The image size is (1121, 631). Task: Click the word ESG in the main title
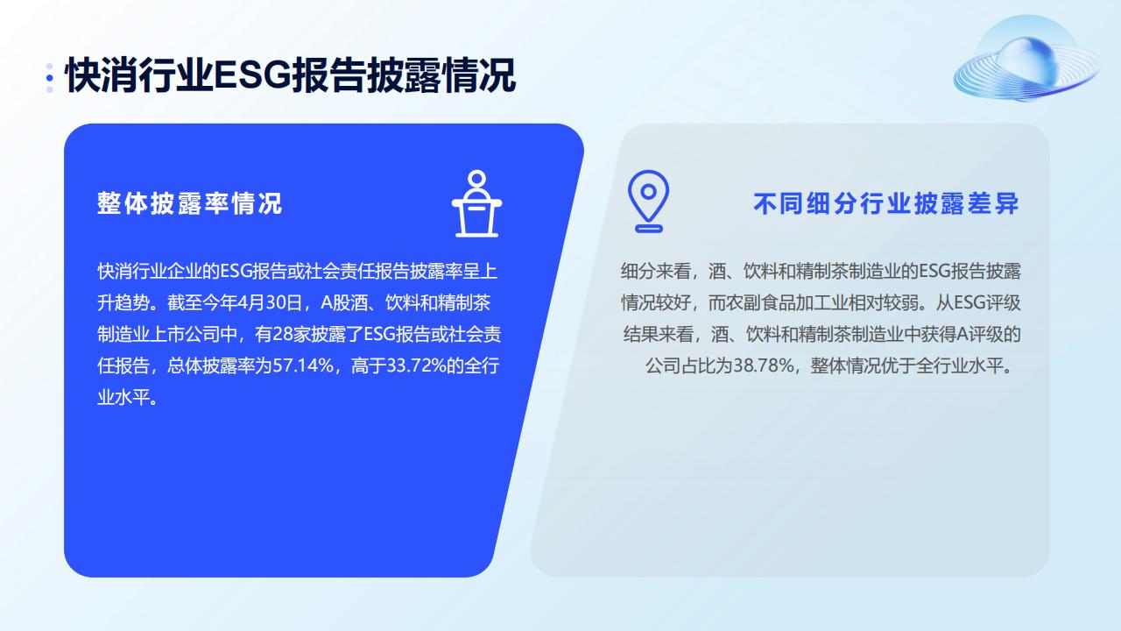(253, 75)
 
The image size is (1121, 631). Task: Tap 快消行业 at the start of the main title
(139, 75)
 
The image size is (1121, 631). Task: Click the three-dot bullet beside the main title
(50, 78)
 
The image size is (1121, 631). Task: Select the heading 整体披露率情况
(190, 203)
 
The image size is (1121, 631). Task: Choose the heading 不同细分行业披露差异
(886, 203)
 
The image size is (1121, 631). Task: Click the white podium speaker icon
(477, 203)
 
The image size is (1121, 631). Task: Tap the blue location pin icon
(649, 202)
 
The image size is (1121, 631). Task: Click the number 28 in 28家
(283, 334)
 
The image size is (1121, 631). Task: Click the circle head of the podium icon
(477, 178)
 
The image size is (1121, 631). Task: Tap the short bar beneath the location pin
(649, 229)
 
